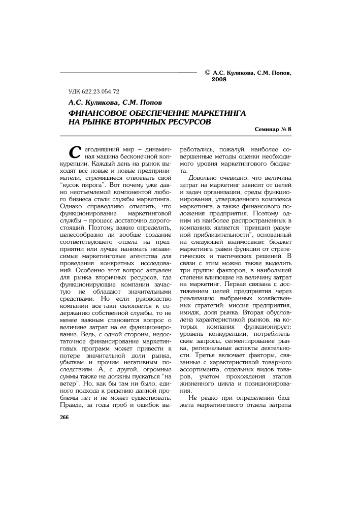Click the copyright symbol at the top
coord(207,73)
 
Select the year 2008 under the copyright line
coord(219,80)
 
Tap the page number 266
coord(64,417)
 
